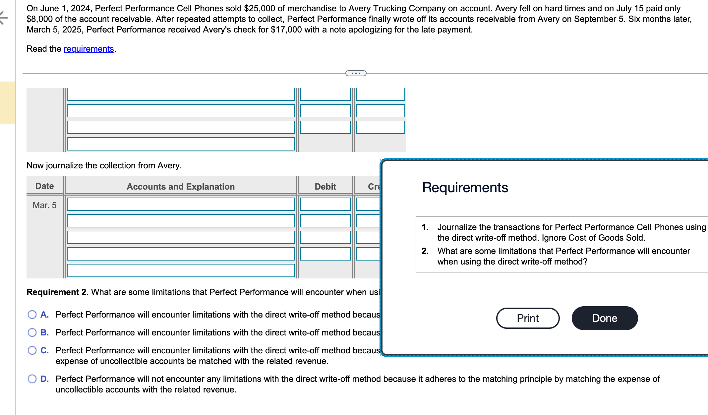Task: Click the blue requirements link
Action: [88, 49]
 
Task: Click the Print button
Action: [528, 318]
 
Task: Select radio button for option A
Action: [32, 315]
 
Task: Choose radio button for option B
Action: [32, 332]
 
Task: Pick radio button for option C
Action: [32, 350]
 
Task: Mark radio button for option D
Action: [32, 379]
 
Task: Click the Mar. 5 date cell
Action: [44, 205]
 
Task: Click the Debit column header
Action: [325, 187]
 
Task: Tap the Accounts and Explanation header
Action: [181, 187]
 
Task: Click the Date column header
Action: [44, 186]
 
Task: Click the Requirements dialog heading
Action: [465, 188]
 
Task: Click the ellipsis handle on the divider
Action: [356, 73]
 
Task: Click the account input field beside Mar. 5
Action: [181, 204]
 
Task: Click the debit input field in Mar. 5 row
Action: [325, 204]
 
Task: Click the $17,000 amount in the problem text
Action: [286, 30]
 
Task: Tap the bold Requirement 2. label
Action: [57, 292]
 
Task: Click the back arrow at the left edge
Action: [3, 18]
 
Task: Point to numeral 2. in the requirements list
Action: [425, 251]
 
